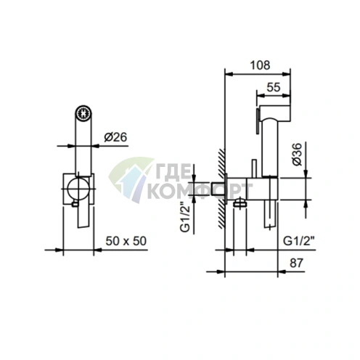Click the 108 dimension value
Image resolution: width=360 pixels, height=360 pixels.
click(260, 65)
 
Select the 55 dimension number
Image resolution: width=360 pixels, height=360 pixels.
click(274, 87)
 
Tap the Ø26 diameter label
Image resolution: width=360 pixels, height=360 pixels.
click(115, 137)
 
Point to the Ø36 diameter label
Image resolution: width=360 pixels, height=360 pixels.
click(298, 154)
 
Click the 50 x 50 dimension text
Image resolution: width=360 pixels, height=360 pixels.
click(126, 241)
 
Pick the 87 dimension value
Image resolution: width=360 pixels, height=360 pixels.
click(296, 263)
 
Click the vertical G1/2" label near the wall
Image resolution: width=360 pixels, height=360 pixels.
click(186, 217)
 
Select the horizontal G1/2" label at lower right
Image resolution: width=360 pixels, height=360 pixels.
click(298, 241)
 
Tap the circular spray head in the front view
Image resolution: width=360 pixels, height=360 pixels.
click(83, 112)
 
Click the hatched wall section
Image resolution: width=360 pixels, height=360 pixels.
click(221, 189)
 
